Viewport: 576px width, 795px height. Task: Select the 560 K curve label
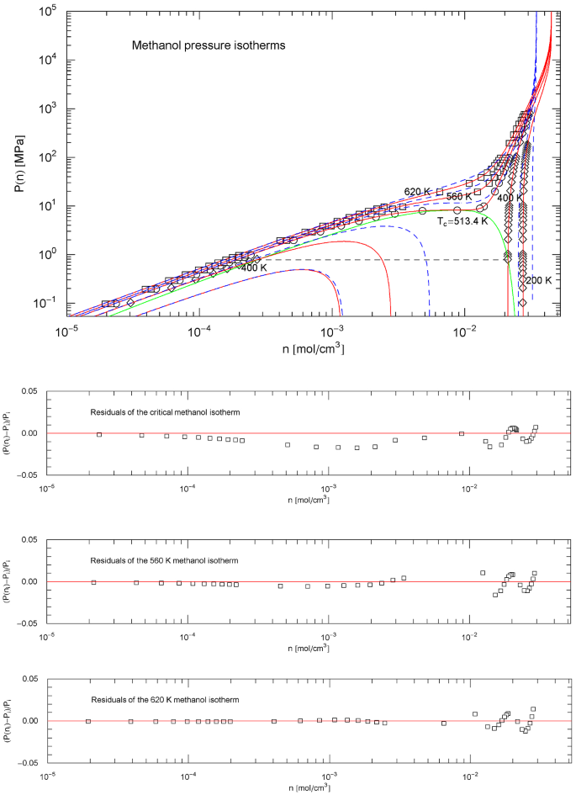coord(460,196)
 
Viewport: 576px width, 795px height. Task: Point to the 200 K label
coord(539,279)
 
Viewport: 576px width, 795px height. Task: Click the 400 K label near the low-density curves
coord(255,268)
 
